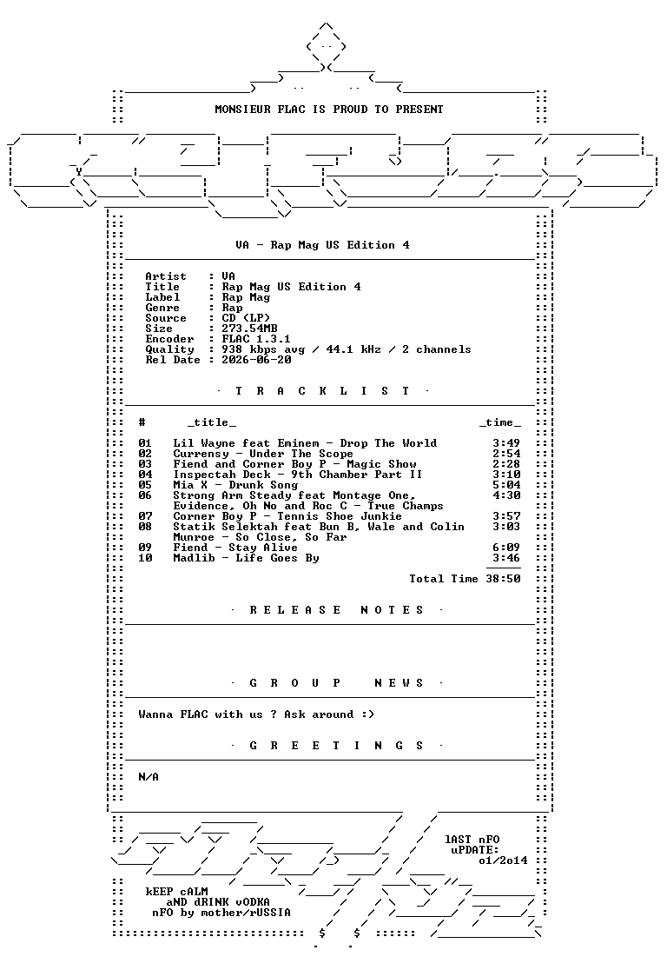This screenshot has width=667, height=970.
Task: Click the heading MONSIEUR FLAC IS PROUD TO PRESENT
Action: click(x=329, y=110)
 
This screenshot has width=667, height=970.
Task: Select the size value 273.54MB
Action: click(x=250, y=329)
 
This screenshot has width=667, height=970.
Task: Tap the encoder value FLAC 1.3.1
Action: click(x=256, y=339)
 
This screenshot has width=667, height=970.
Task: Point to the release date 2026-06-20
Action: click(x=256, y=360)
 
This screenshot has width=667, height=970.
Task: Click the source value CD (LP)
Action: click(x=246, y=318)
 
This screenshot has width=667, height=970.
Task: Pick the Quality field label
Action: click(x=169, y=349)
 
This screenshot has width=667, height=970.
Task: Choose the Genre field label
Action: click(x=162, y=308)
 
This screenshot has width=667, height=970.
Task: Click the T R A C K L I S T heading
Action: click(x=322, y=391)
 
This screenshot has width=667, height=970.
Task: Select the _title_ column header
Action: click(x=211, y=422)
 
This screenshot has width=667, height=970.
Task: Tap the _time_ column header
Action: click(x=499, y=422)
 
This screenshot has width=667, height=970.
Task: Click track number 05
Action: click(x=145, y=485)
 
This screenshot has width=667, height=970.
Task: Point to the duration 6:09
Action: click(x=506, y=548)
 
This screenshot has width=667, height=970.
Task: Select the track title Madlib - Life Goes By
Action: click(x=246, y=558)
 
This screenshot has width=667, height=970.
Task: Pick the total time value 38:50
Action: click(x=503, y=579)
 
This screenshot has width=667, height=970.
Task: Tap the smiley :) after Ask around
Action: click(x=368, y=714)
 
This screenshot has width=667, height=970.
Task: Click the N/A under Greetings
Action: click(x=149, y=777)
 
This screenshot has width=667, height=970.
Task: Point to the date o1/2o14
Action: click(x=503, y=860)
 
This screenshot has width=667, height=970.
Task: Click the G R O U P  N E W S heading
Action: click(x=336, y=683)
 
